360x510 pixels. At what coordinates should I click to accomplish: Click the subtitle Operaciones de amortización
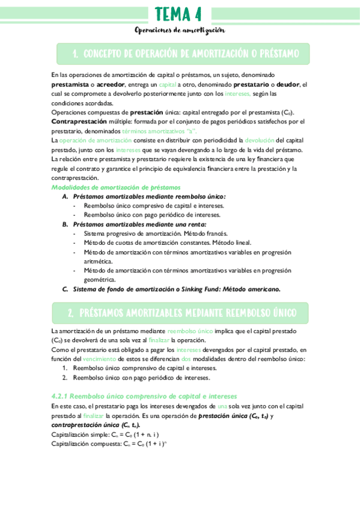pyautogui.click(x=179, y=30)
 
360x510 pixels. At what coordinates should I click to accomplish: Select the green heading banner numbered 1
pyautogui.click(x=183, y=54)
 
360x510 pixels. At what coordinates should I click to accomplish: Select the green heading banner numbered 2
pyautogui.click(x=180, y=313)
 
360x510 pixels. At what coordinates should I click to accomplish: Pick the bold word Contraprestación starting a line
pyautogui.click(x=79, y=121)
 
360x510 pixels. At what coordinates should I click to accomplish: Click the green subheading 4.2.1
pyautogui.click(x=144, y=396)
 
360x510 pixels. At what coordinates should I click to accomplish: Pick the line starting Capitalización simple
pyautogui.click(x=105, y=434)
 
